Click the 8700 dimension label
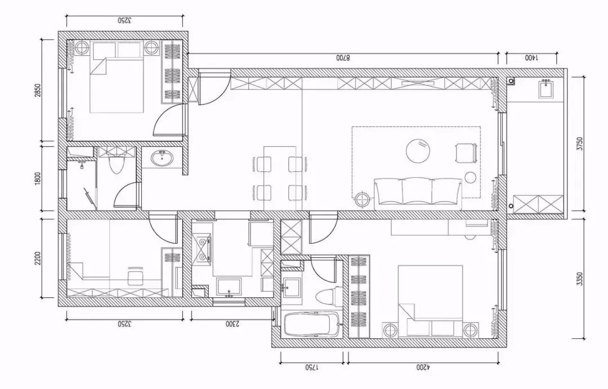343,58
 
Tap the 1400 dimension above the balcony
531,58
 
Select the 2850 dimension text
38,91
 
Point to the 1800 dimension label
38,179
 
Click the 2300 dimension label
233,323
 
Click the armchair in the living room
466,153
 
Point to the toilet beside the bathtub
327,297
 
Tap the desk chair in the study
135,275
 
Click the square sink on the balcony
548,89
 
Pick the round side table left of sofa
363,199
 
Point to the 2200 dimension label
38,259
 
